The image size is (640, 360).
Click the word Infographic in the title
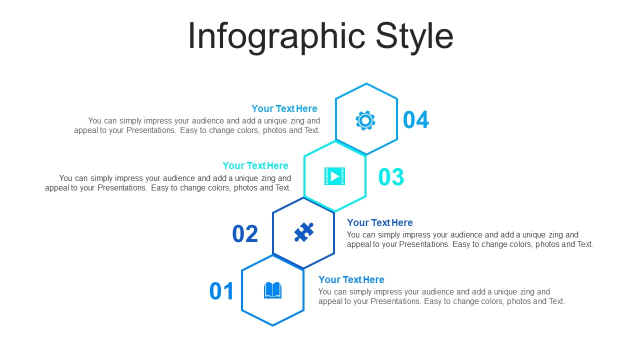coord(276,37)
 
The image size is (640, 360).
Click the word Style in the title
coord(414,37)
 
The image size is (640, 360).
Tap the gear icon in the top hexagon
coord(365,120)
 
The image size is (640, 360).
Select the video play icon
coord(334,176)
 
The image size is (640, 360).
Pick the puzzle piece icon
coord(303,232)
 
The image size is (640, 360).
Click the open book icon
coord(272,290)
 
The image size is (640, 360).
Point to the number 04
coord(415,120)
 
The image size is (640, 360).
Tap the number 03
coord(391,177)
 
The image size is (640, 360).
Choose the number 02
coord(245,233)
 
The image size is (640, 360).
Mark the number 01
coord(221,291)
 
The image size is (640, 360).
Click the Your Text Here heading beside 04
coord(284,108)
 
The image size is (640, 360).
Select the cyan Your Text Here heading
coord(255,165)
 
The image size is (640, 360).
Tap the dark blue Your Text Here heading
coord(379,222)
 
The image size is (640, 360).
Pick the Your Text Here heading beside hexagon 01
coord(351,279)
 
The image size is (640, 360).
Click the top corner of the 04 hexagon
coord(366,83)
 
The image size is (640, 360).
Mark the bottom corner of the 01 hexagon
coord(272,325)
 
